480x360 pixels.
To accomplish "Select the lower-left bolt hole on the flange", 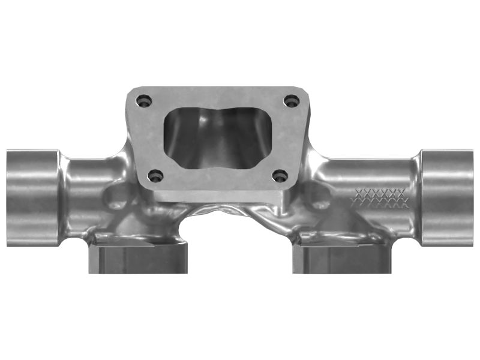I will pyautogui.click(x=156, y=176).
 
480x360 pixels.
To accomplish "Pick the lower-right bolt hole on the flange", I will pyautogui.click(x=280, y=176).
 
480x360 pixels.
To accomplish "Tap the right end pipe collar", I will pyautogui.click(x=447, y=197).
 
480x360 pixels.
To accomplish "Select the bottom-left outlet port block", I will pyautogui.click(x=138, y=258).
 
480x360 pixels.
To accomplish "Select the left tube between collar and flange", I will pyautogui.click(x=90, y=180).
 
